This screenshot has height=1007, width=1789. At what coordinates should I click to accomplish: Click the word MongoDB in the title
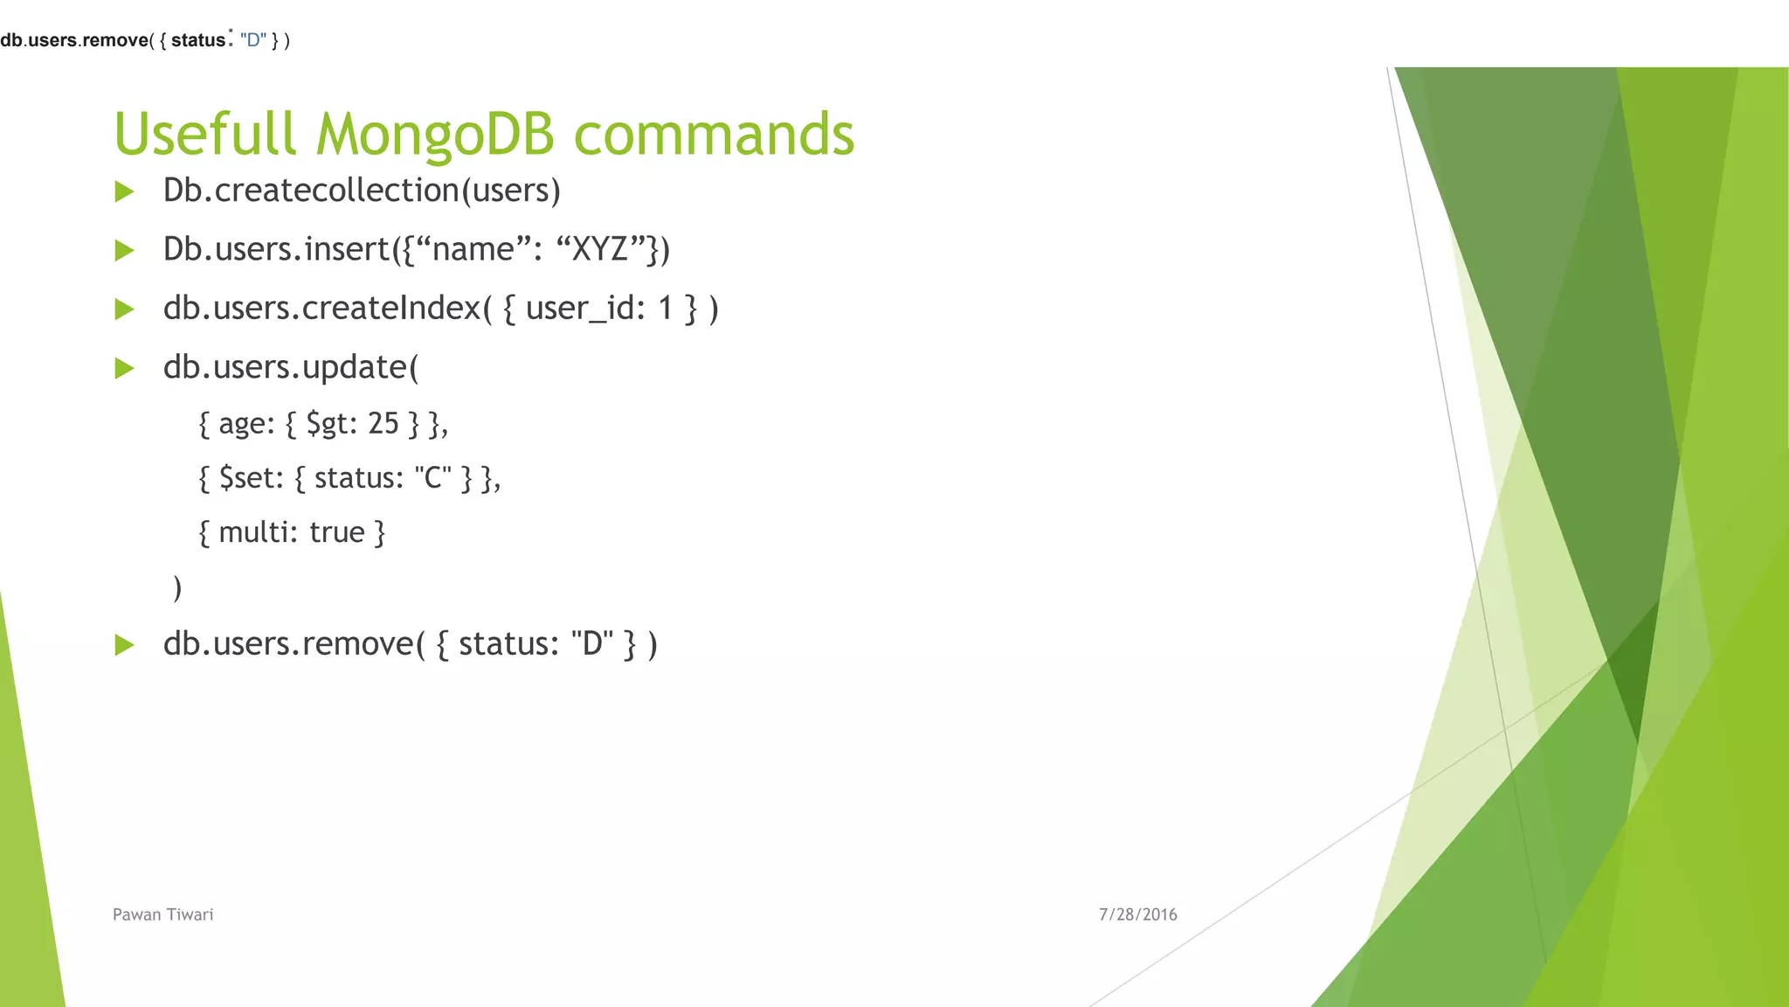click(x=434, y=135)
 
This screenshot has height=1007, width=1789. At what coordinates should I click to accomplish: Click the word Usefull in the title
click(x=204, y=135)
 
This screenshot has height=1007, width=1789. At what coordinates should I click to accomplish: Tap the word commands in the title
click(x=714, y=135)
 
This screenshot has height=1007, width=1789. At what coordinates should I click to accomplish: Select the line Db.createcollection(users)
click(x=362, y=191)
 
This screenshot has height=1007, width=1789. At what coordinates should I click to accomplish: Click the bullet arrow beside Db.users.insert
click(x=125, y=251)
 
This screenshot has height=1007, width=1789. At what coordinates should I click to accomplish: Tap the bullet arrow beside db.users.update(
click(x=125, y=368)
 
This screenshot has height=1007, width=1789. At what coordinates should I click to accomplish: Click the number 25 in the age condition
click(x=383, y=424)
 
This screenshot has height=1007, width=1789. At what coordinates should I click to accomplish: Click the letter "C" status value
click(x=432, y=478)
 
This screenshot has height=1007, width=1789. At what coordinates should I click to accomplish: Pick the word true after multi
click(x=336, y=532)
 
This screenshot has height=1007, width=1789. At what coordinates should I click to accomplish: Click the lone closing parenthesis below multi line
click(x=177, y=587)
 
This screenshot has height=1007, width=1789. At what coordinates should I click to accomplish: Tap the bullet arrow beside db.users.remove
click(x=125, y=645)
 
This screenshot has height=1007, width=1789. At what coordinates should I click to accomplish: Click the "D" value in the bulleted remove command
click(x=591, y=644)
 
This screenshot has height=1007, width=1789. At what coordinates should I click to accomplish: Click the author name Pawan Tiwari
click(x=162, y=914)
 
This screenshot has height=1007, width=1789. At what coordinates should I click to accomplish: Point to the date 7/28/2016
click(x=1137, y=914)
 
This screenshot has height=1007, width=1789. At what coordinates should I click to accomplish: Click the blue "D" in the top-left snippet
click(x=253, y=40)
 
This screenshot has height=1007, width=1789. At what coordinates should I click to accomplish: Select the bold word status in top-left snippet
click(x=197, y=40)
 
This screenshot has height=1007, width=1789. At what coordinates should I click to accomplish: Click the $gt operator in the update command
click(x=328, y=425)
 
